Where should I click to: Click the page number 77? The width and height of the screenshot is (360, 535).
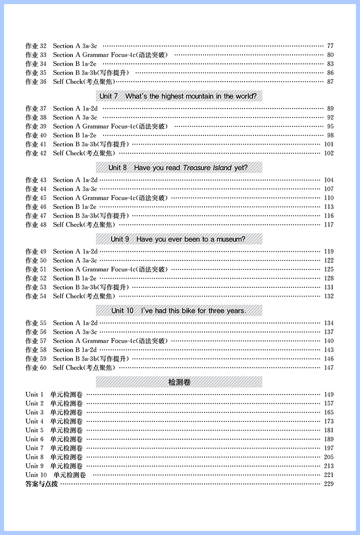point(330,46)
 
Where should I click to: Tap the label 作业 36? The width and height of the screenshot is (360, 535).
point(36,82)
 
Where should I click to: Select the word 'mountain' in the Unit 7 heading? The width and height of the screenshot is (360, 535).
point(194,97)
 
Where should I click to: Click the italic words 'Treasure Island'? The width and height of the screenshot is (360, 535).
point(207,168)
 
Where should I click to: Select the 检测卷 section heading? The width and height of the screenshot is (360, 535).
point(179,382)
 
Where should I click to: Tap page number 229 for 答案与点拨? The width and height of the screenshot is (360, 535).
point(329,484)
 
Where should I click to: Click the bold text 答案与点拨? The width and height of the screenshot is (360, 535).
point(42,484)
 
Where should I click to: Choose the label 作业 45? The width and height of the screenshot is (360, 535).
point(36,198)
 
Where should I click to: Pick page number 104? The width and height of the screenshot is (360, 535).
point(329,180)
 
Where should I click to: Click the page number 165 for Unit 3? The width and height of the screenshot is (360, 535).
point(329,412)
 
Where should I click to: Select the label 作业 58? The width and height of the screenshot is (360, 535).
point(36,350)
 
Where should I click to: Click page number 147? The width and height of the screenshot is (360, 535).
point(329,368)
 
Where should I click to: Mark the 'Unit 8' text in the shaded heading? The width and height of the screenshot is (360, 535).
point(118,168)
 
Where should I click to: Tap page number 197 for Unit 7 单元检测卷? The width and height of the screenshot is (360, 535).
point(329,448)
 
